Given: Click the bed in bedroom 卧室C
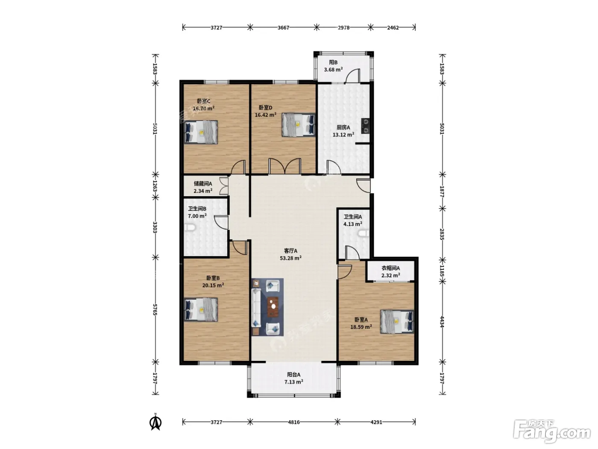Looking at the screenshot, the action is [x=201, y=132].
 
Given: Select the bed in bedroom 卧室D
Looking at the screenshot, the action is [x=298, y=125].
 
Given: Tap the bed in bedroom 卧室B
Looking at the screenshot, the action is [x=201, y=310].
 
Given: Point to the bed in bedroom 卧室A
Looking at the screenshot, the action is [x=397, y=322].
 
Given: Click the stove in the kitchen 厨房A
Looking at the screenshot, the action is [x=365, y=126].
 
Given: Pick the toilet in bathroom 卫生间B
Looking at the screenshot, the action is [x=190, y=227].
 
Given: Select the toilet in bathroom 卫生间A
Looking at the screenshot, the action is [x=363, y=233].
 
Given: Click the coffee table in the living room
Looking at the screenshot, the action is [x=273, y=307].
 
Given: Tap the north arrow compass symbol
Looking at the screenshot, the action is [x=155, y=422].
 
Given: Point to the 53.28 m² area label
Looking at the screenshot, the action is [x=291, y=258].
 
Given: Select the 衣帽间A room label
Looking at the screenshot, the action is [x=390, y=268].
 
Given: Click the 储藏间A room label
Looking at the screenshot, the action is [x=203, y=184].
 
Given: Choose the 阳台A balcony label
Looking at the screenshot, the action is [x=294, y=375].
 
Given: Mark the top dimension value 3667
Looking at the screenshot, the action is [x=283, y=27].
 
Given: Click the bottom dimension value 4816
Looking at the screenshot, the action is [x=294, y=422].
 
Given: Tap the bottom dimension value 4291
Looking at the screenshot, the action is [x=376, y=422].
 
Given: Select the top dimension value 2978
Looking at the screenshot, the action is [x=343, y=27].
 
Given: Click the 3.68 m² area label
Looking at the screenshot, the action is [x=333, y=70].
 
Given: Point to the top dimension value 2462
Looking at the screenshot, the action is [x=393, y=27].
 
